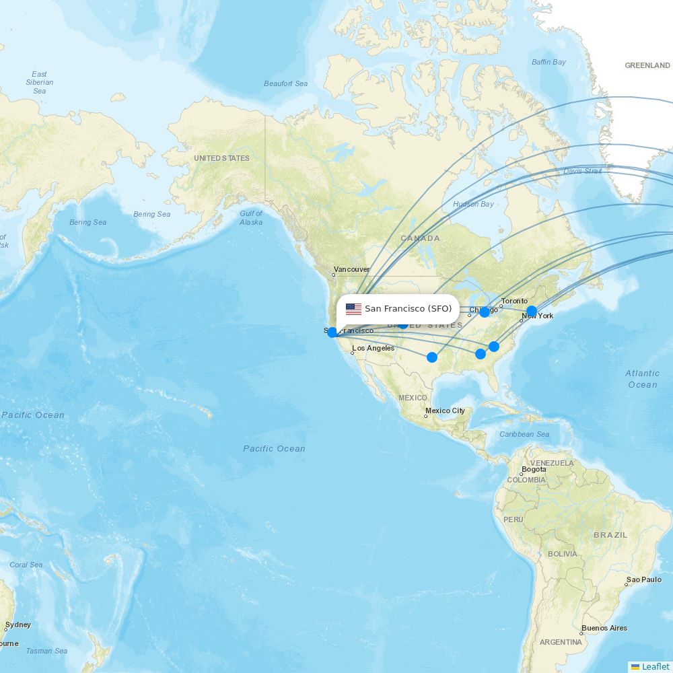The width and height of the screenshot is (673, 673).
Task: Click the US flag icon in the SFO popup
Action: coord(353,309)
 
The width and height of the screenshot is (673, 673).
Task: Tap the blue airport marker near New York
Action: coord(532,311)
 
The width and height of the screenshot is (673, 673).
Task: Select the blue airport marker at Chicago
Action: coord(485,312)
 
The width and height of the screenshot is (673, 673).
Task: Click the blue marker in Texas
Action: coord(432,357)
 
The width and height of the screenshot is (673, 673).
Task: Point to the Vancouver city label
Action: coord(351,269)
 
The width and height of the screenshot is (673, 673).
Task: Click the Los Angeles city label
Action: coord(373,348)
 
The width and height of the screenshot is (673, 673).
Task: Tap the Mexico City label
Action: coord(445,411)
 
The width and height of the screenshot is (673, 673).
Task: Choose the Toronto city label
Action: coord(514,301)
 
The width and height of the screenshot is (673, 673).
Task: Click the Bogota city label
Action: coord(534,470)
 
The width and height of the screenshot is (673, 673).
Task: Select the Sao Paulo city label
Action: coord(643,579)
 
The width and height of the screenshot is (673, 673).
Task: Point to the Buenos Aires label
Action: coord(604,628)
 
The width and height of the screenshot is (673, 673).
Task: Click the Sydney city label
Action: coord(18,625)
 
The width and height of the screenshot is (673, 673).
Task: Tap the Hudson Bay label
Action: coord(473,204)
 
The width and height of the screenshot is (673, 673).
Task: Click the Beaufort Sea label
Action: coord(285,83)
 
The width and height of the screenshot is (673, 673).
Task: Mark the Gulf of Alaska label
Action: coord(251,217)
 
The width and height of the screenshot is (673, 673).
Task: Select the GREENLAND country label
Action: coord(647,65)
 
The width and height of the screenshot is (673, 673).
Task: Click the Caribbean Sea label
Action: coord(524,434)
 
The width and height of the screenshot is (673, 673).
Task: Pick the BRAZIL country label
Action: coord(610,535)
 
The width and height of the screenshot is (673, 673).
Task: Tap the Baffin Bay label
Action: coord(548,62)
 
